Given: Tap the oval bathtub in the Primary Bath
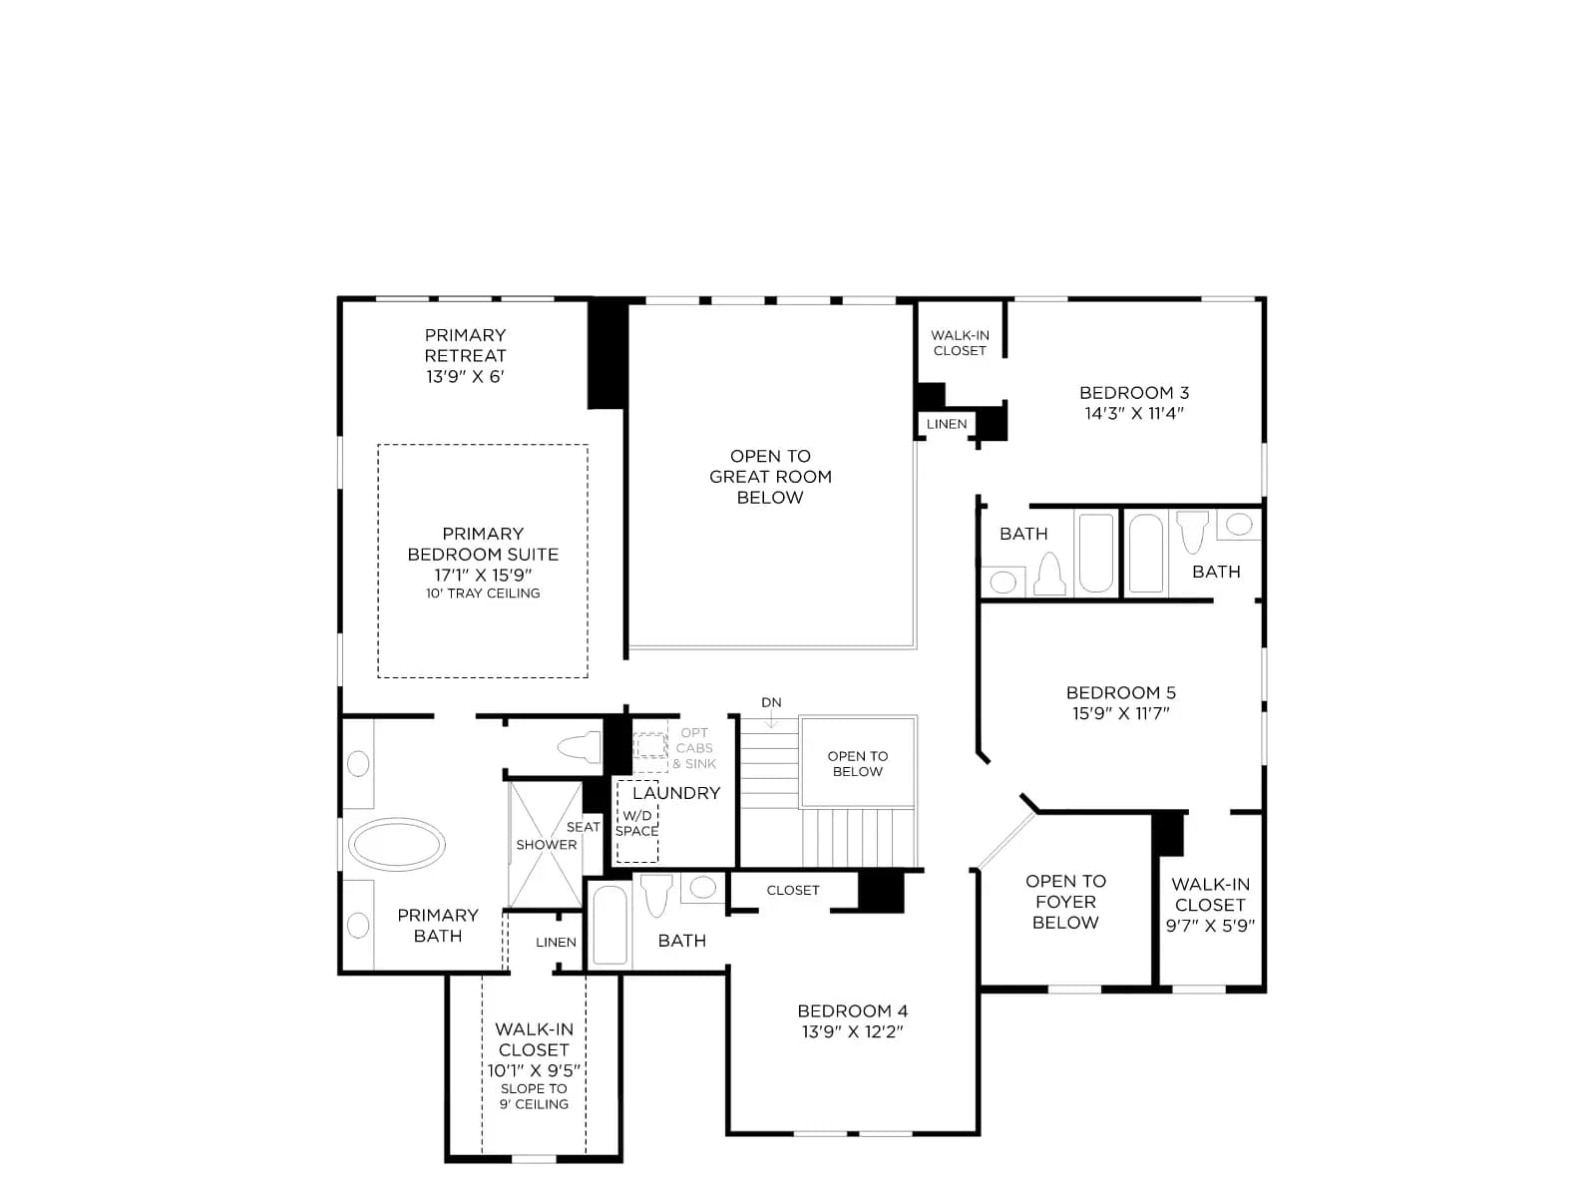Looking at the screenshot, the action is coord(396,844).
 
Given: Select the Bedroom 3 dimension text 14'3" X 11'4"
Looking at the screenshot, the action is coord(1133,413).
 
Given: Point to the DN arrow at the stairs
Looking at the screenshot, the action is coord(771,721).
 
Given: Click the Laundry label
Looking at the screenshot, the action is coord(676,793).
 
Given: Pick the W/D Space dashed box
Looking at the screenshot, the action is coord(637,821).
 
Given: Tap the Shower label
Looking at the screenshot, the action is coord(546,845).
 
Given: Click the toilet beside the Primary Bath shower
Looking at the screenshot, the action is coord(580,746).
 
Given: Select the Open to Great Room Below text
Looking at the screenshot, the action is coord(770,477).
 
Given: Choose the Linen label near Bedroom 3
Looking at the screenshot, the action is coord(946,424).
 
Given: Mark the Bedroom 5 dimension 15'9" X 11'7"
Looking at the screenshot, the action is coord(1120,713).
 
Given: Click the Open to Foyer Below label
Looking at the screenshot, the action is coord(1065,901).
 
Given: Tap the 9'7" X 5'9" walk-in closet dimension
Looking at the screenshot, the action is coord(1210,926).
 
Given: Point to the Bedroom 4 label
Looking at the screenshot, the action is coord(852,1010).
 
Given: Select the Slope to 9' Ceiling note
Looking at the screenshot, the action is coord(534,1096).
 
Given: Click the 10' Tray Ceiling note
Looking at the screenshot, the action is coord(483,594).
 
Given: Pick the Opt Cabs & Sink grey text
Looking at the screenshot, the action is coord(694,748).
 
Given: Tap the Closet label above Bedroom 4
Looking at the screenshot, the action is coord(793,891).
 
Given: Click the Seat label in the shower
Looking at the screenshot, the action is coord(584,827).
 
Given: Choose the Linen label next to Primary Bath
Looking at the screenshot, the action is coord(556,942).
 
